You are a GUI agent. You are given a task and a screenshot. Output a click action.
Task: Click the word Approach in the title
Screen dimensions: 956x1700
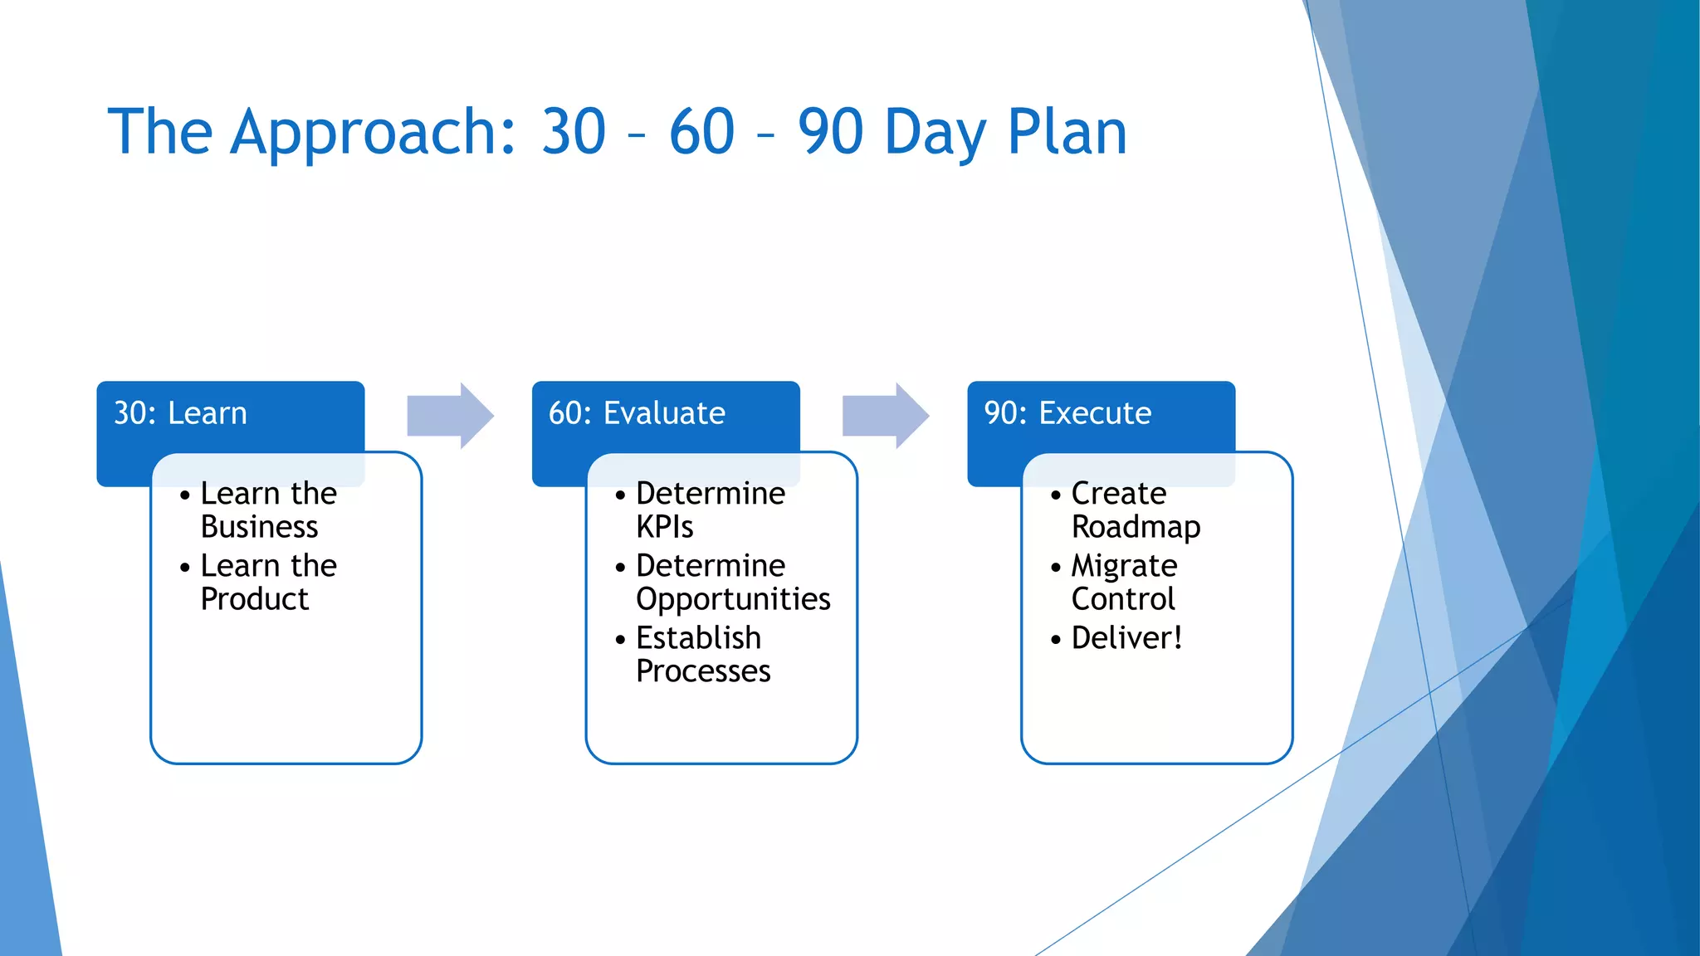click(374, 133)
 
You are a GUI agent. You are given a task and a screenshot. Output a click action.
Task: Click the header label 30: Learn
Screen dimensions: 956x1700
click(180, 413)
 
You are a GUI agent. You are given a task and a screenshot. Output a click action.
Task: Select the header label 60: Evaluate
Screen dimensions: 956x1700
click(637, 413)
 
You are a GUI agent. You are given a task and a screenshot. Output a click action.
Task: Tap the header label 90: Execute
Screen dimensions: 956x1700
click(1067, 413)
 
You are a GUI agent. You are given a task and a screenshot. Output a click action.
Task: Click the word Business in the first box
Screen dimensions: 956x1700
click(259, 527)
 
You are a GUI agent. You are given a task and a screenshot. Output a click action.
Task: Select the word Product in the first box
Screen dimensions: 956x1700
click(254, 599)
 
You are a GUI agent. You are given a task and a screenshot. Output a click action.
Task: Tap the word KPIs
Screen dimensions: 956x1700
click(664, 527)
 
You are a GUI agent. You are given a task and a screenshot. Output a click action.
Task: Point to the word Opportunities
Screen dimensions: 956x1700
click(733, 599)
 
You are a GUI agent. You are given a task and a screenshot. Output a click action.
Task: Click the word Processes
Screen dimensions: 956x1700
click(703, 671)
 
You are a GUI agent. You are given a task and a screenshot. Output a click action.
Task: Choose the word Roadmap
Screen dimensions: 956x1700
click(1136, 527)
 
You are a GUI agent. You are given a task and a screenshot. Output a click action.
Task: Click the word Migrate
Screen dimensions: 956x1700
click(1124, 566)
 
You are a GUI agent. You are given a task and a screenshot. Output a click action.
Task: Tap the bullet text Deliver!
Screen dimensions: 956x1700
click(1126, 638)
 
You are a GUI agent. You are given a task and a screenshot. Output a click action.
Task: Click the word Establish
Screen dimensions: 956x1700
click(698, 638)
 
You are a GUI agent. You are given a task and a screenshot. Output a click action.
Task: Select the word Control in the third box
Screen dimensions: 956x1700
click(1123, 599)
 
